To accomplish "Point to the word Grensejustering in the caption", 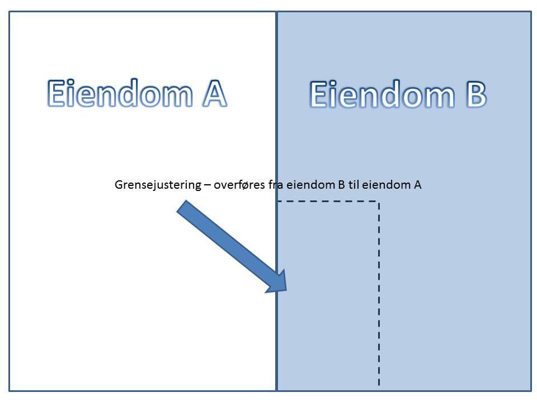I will [157, 185].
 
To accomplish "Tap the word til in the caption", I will [354, 185].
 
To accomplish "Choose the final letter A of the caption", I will [417, 185].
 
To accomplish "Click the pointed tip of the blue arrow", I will [286, 290].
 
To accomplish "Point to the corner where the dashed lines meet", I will [379, 202].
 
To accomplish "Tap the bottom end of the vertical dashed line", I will [379, 385].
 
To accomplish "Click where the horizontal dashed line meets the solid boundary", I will [277, 202].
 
